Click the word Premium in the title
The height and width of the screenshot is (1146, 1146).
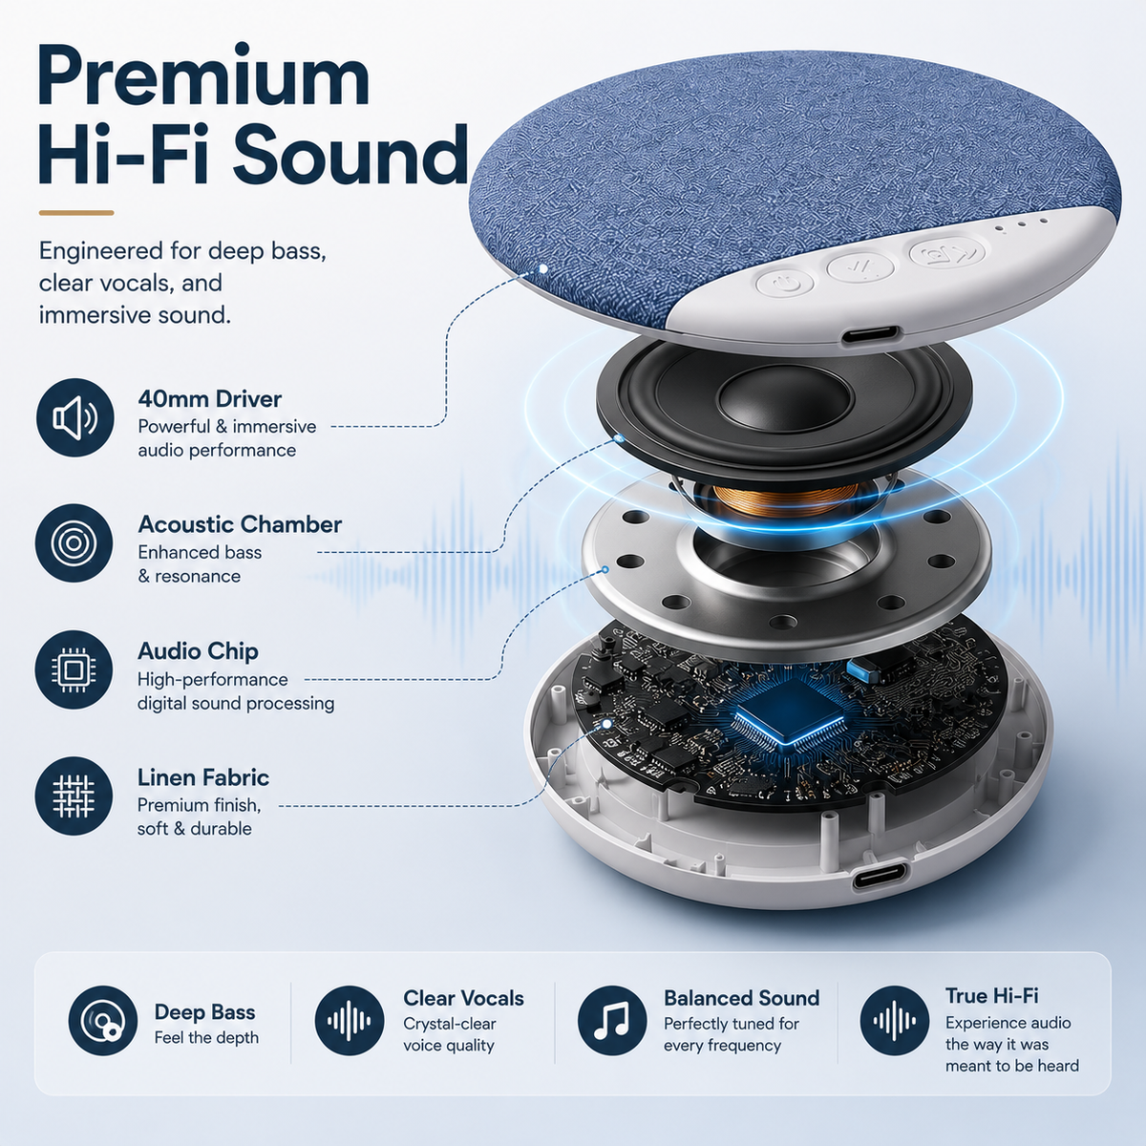point(204,77)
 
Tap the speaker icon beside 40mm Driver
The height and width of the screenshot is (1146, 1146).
point(74,417)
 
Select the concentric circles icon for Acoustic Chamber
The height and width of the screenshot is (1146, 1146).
point(74,543)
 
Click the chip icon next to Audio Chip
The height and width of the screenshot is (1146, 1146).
point(74,669)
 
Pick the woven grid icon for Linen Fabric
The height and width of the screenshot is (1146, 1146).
point(74,796)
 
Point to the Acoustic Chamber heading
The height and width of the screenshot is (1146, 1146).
point(240,524)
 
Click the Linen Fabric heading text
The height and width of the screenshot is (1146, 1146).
point(203,777)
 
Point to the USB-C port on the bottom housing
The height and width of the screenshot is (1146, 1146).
point(881,877)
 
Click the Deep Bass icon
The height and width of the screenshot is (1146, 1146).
point(103,1021)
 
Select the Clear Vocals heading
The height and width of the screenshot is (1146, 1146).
point(463,998)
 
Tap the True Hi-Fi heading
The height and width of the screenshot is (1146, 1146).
point(991,995)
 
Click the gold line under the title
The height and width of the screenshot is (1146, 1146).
point(76,212)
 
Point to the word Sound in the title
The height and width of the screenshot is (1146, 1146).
point(350,156)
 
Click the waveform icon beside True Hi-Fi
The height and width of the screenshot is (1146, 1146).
point(895,1021)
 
